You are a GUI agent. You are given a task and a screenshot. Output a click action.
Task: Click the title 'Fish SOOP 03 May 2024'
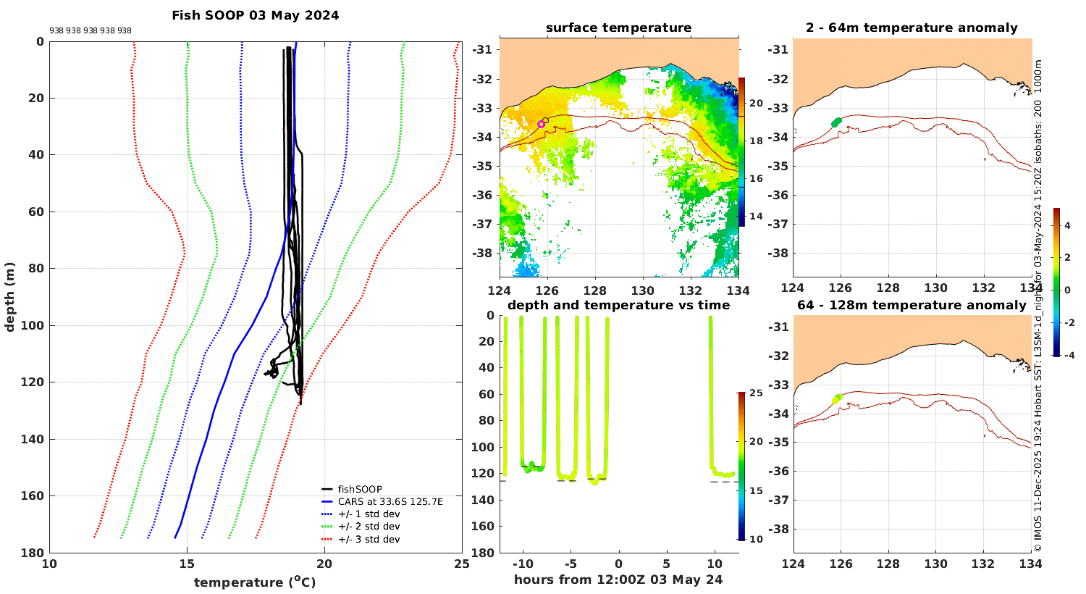[255, 15]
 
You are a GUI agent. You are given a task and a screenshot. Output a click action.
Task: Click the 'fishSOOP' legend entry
[360, 489]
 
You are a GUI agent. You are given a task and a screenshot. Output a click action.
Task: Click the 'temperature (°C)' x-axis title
[255, 582]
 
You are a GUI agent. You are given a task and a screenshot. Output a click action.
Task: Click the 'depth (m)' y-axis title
[9, 297]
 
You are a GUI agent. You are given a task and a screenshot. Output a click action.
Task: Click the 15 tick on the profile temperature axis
[187, 564]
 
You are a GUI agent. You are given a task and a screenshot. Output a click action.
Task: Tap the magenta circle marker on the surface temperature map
[541, 125]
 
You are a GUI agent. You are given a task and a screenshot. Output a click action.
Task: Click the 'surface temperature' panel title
[618, 28]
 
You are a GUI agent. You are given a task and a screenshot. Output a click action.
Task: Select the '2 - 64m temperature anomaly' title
[912, 28]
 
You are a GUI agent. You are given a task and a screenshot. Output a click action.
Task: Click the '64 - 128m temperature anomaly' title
[912, 305]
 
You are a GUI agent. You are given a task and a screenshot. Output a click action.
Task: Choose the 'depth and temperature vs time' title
[618, 305]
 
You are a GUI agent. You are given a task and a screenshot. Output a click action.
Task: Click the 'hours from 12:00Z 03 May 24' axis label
[618, 580]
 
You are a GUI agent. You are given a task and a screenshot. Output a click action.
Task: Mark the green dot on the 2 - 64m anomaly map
[837, 122]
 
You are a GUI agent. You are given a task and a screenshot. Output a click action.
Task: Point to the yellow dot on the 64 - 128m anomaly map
[837, 398]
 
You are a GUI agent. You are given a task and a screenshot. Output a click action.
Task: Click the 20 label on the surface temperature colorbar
[757, 104]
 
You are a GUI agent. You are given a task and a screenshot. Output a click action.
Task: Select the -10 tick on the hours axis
[523, 564]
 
